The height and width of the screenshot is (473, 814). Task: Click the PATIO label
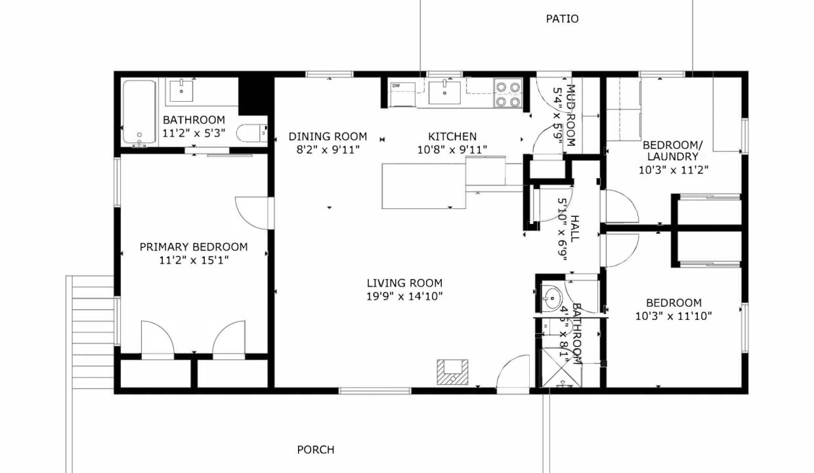(x=562, y=18)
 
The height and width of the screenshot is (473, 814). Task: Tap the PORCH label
(x=315, y=450)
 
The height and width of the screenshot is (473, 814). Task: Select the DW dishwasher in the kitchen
(x=402, y=94)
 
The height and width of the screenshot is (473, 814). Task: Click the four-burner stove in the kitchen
(x=508, y=94)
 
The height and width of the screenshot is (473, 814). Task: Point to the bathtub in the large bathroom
(x=140, y=112)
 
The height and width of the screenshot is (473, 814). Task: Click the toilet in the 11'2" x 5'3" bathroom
(x=251, y=133)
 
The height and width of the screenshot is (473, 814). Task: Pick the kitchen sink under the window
(x=444, y=93)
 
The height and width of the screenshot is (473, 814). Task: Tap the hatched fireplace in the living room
(x=452, y=372)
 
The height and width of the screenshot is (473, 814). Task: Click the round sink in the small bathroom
(x=552, y=299)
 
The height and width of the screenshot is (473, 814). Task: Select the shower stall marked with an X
(x=562, y=368)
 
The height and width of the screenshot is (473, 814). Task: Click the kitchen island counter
(x=423, y=186)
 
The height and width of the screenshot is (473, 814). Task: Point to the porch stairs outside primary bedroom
(x=93, y=332)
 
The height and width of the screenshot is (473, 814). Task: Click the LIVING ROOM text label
(x=404, y=283)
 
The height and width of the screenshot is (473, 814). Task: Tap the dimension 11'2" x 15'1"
(x=194, y=260)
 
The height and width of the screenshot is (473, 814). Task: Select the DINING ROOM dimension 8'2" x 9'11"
(x=328, y=150)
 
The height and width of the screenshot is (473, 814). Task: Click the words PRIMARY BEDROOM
(x=194, y=247)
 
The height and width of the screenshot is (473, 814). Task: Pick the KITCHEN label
(x=452, y=137)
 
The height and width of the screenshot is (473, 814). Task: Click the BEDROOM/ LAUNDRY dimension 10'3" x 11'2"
(x=674, y=169)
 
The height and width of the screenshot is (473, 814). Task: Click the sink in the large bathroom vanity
(x=181, y=91)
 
